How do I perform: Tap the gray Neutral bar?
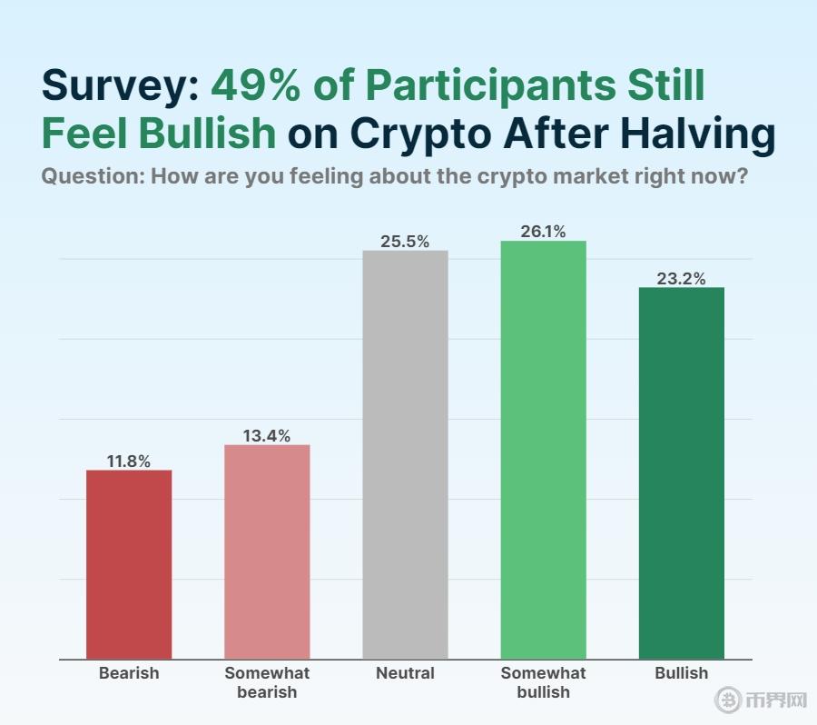[405, 454]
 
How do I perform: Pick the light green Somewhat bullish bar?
[543, 450]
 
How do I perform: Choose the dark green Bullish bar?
[681, 472]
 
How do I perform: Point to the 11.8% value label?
[129, 462]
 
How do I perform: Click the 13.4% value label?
[267, 436]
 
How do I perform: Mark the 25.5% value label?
[405, 242]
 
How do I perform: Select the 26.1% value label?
[543, 232]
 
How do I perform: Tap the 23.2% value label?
[681, 279]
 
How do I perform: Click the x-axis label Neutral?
[405, 673]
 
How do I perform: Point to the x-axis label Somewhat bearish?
[267, 682]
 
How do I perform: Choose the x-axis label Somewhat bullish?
[543, 682]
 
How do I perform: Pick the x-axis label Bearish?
[129, 673]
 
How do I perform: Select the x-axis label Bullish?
[681, 673]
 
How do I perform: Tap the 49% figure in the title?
[251, 86]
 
